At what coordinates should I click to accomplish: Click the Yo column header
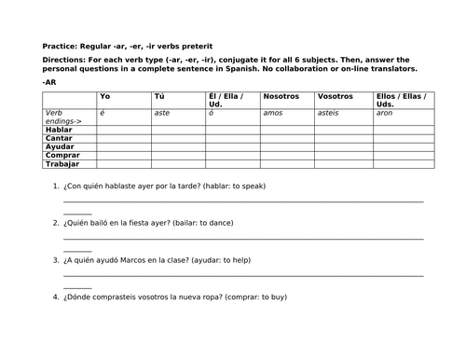[x=104, y=96]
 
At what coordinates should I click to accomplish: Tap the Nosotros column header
[x=281, y=96]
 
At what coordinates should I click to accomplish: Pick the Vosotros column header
[x=336, y=96]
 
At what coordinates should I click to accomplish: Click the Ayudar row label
[x=60, y=147]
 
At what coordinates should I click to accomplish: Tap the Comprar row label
[x=62, y=157]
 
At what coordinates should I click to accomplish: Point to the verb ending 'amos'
[x=276, y=113]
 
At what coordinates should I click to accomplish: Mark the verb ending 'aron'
[x=384, y=113]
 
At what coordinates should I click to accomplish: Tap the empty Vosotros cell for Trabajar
[x=343, y=165]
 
